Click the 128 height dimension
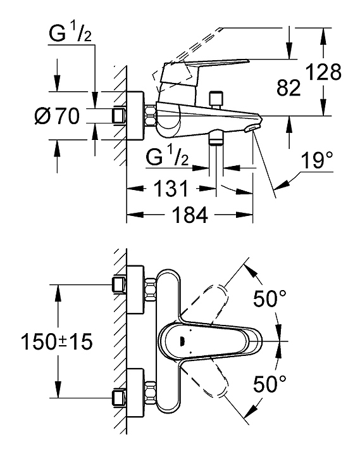324,72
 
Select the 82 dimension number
288,88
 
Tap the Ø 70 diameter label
57,116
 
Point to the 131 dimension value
171,188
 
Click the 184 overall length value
190,215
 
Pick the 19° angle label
316,160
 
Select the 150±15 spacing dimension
57,341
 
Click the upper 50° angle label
270,298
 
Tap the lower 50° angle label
270,384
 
